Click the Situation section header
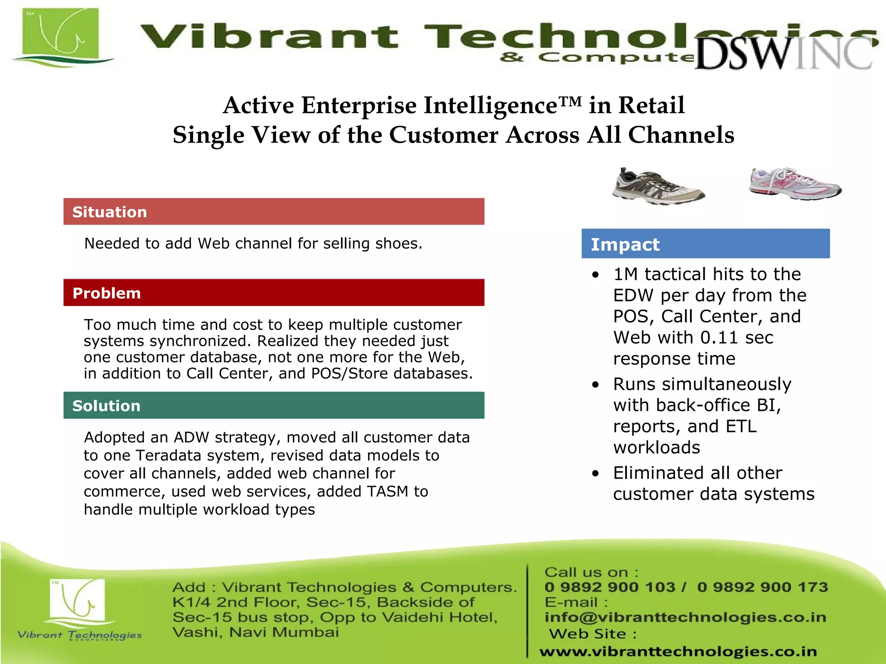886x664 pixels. point(273,211)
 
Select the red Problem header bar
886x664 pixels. point(273,293)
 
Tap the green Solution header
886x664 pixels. point(273,405)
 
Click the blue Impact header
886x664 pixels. point(705,244)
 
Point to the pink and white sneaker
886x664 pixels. point(795,184)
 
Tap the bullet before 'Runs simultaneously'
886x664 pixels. point(596,385)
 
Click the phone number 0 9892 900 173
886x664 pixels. point(762,587)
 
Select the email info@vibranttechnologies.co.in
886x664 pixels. point(685,617)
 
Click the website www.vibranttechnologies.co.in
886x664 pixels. point(678,651)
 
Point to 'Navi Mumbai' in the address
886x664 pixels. point(284,632)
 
